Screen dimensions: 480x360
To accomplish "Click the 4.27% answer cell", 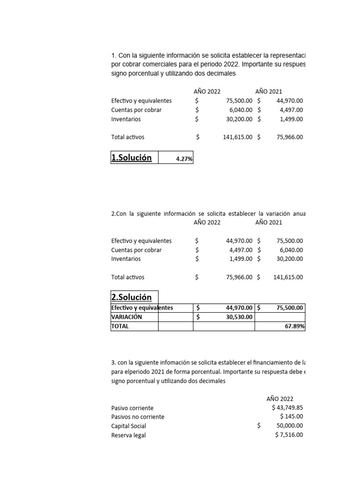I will pos(184,159).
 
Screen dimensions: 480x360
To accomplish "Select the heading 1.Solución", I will pos(131,157).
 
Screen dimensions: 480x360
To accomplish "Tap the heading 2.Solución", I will pos(131,297).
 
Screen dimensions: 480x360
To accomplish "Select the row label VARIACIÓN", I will pos(127,317).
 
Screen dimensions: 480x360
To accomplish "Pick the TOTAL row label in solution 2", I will pos(120,326).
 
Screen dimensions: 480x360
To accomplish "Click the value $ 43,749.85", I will pos(287,408).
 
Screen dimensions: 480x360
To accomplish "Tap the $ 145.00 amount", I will pos(291,417).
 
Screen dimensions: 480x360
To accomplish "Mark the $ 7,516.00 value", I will pos(289,435).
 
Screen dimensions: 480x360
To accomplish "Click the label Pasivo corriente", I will pos(132,408).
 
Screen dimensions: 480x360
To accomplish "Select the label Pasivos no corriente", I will pos(138,417).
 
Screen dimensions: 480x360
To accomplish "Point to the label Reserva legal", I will pos(128,435).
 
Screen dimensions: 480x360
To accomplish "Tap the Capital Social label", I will pos(128,426).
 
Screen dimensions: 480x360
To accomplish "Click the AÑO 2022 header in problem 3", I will pos(280,399).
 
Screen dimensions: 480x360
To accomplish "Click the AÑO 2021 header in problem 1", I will pos(269,92).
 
